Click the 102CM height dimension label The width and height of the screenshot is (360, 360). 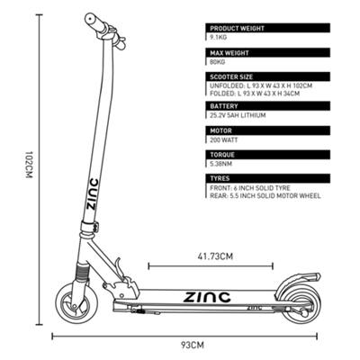click(x=29, y=165)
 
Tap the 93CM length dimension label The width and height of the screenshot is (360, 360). click(x=193, y=345)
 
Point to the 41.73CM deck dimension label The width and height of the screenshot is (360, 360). click(x=215, y=256)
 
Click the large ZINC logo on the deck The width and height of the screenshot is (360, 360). click(x=207, y=297)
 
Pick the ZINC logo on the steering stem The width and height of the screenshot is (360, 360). click(x=92, y=194)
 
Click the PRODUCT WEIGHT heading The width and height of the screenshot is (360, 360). click(x=237, y=29)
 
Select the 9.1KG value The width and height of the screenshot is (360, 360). click(x=218, y=38)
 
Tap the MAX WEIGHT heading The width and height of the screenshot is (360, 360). click(x=229, y=53)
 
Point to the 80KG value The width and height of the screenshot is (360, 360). click(x=218, y=62)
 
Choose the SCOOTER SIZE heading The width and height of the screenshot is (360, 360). click(x=231, y=76)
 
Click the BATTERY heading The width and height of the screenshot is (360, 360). click(x=224, y=106)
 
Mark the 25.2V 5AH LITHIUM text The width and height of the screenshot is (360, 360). click(x=238, y=115)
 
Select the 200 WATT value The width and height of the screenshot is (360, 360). click(x=224, y=139)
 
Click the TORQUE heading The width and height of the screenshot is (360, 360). click(x=222, y=155)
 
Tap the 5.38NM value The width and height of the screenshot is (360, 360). click(x=221, y=164)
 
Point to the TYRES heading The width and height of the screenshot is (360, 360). click(x=220, y=178)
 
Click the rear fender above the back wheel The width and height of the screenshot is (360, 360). click(x=295, y=279)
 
